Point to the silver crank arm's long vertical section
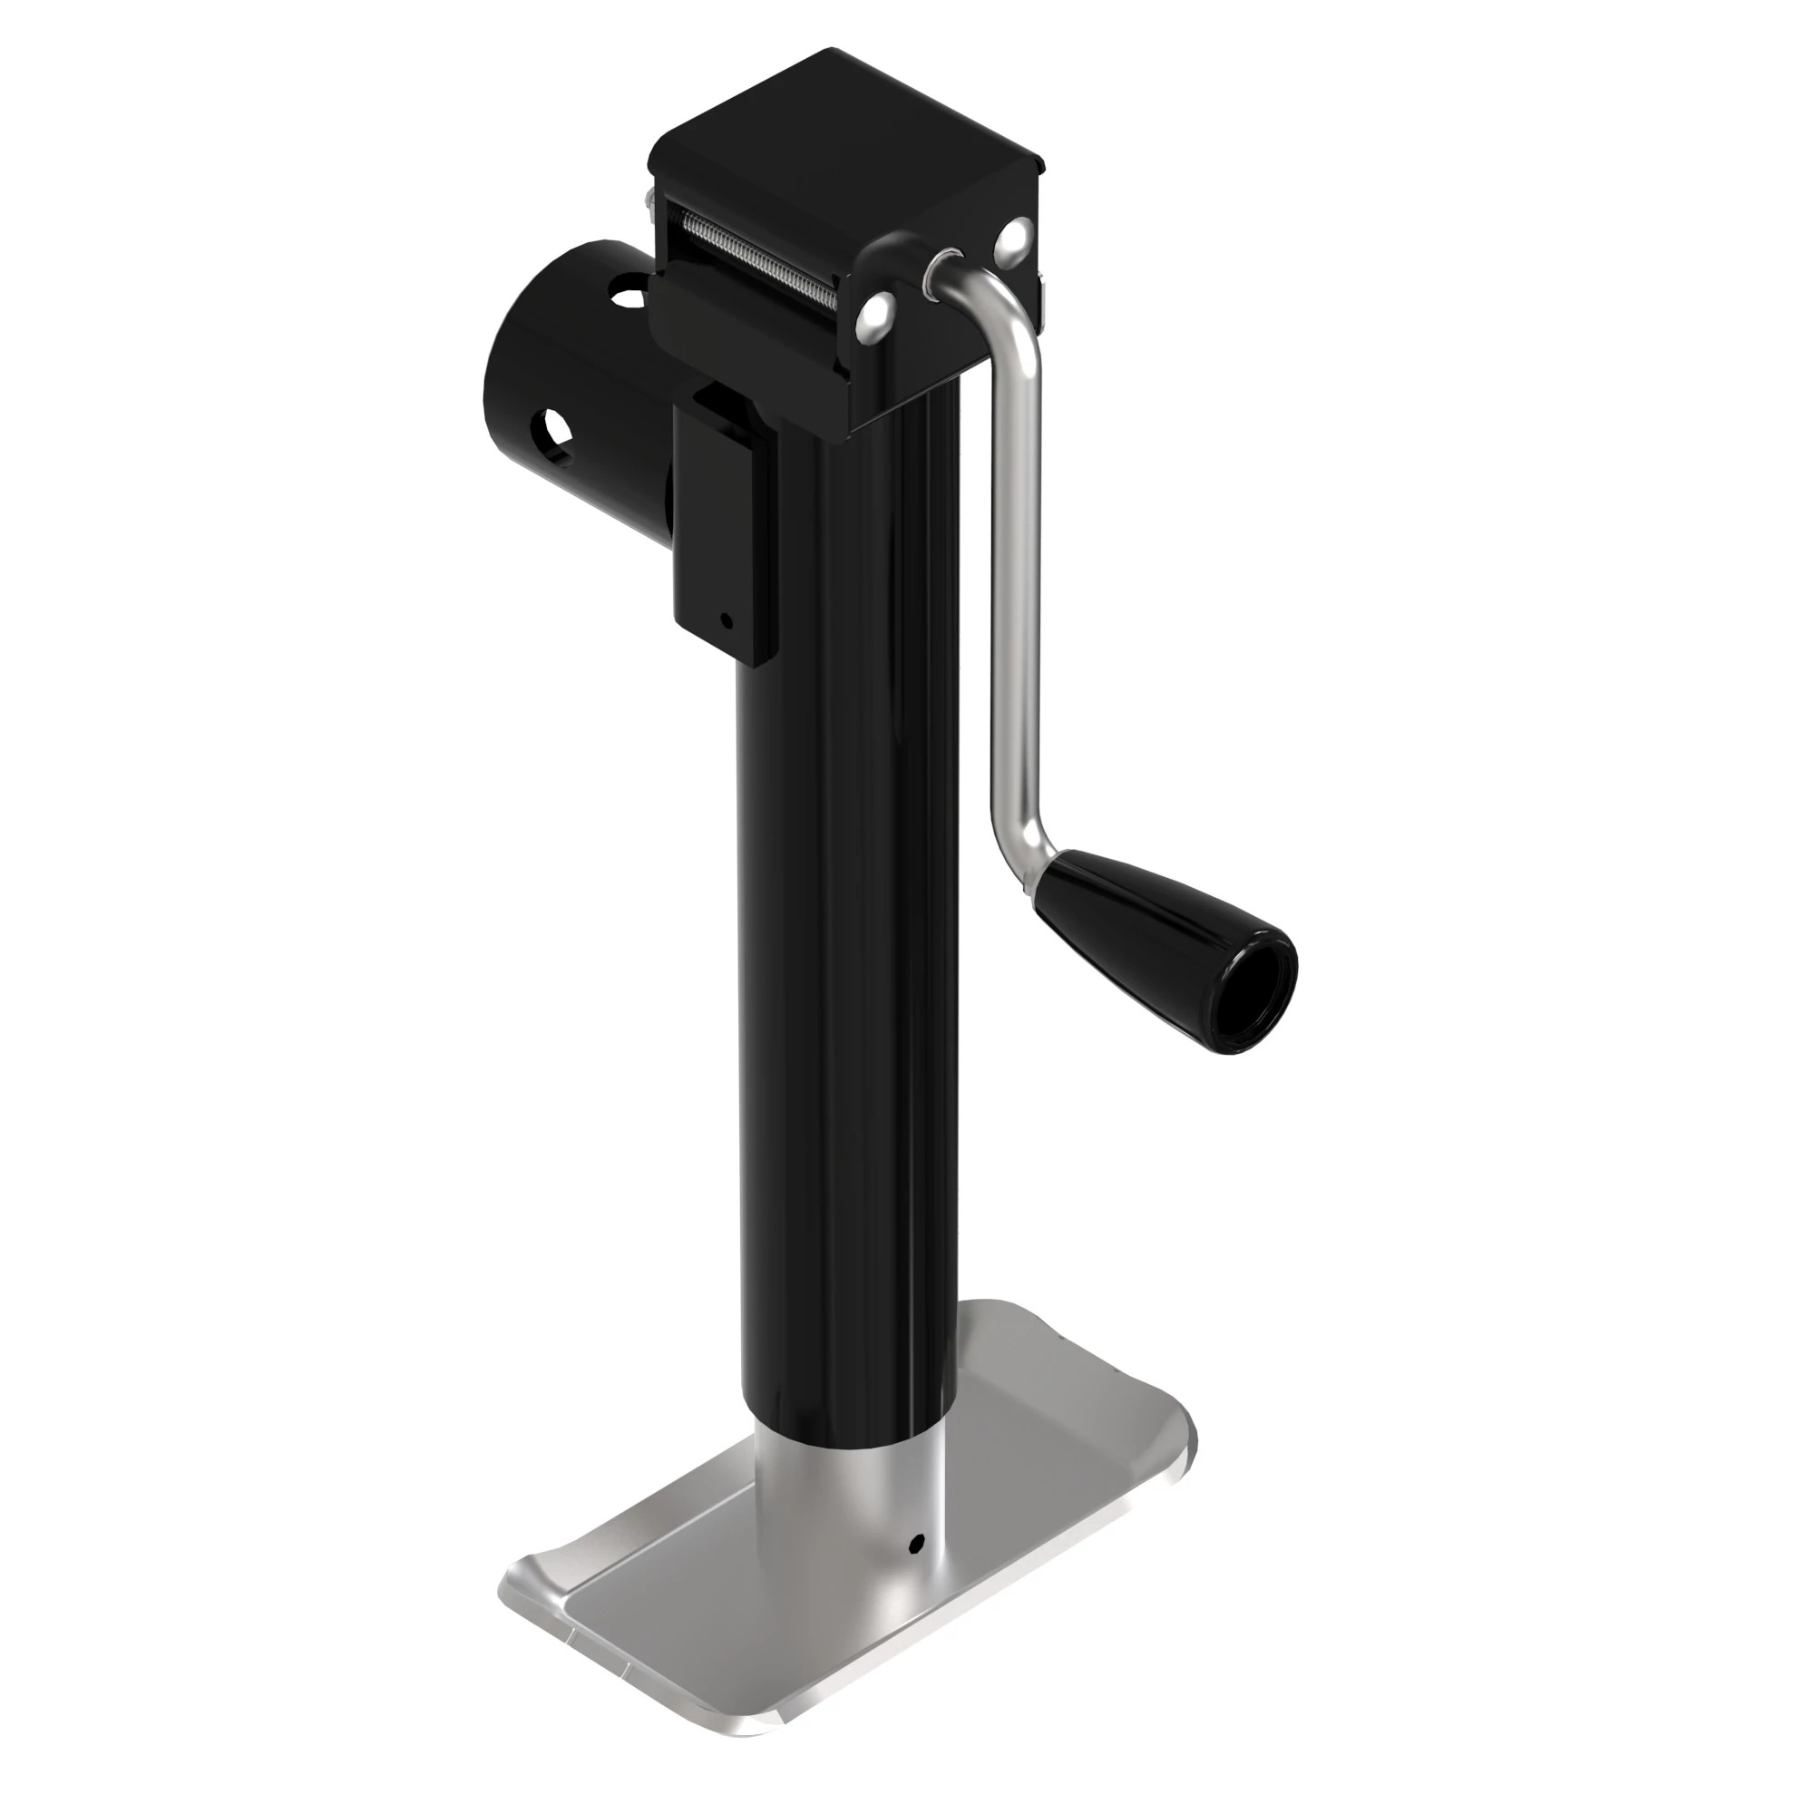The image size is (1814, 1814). coord(1015,582)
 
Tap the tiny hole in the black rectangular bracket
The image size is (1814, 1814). coord(725,619)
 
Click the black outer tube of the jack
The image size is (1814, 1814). coord(845,939)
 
